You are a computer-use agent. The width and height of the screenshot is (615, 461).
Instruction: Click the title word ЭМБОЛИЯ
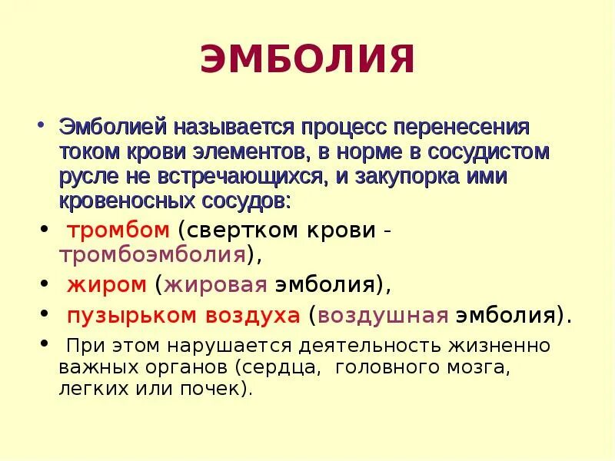click(307, 61)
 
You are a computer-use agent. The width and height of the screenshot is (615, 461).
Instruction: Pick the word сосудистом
click(487, 151)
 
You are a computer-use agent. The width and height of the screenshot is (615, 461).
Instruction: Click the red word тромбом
click(118, 230)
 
